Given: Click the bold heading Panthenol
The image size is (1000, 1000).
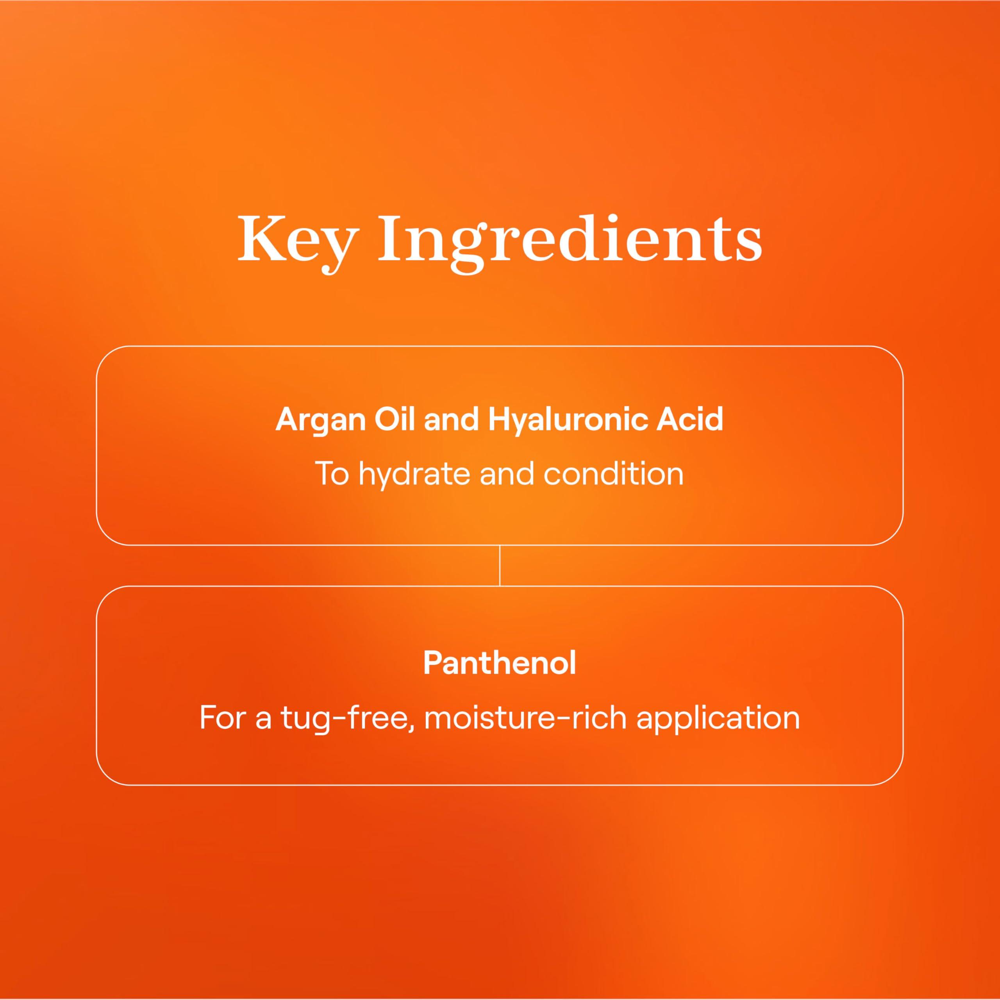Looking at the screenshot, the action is click(500, 662).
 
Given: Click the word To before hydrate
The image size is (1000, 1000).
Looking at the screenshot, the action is click(332, 473).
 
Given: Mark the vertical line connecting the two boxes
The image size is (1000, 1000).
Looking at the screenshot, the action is click(500, 565).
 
